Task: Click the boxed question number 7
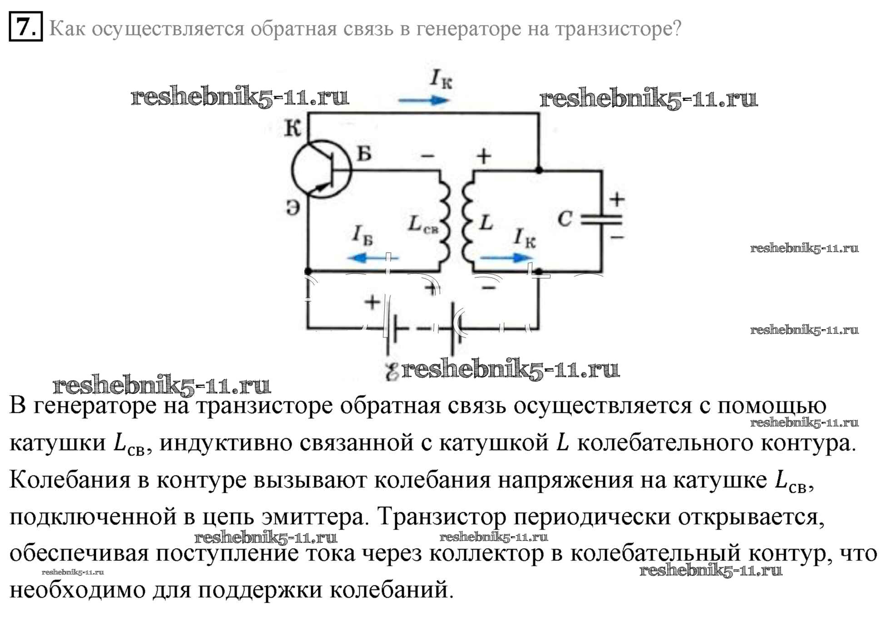pyautogui.click(x=26, y=27)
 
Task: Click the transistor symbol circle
pyautogui.click(x=292, y=169)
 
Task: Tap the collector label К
pyautogui.click(x=293, y=129)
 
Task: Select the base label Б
pyautogui.click(x=364, y=154)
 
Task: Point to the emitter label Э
pyautogui.click(x=293, y=208)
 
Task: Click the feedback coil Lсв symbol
pyautogui.click(x=445, y=221)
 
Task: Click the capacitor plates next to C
pyautogui.click(x=601, y=220)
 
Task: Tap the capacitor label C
pyautogui.click(x=565, y=219)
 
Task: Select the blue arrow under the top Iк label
pyautogui.click(x=424, y=100)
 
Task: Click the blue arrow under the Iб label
pyautogui.click(x=372, y=258)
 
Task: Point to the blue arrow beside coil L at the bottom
pyautogui.click(x=506, y=258)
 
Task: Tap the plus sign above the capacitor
pyautogui.click(x=616, y=199)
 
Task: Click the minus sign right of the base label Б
pyautogui.click(x=427, y=156)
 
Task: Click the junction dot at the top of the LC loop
pyautogui.click(x=539, y=170)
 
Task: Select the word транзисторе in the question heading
pyautogui.click(x=618, y=29)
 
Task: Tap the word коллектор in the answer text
pyautogui.click(x=486, y=554)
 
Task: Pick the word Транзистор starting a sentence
pyautogui.click(x=442, y=517)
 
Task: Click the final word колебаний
pyautogui.click(x=392, y=589)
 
